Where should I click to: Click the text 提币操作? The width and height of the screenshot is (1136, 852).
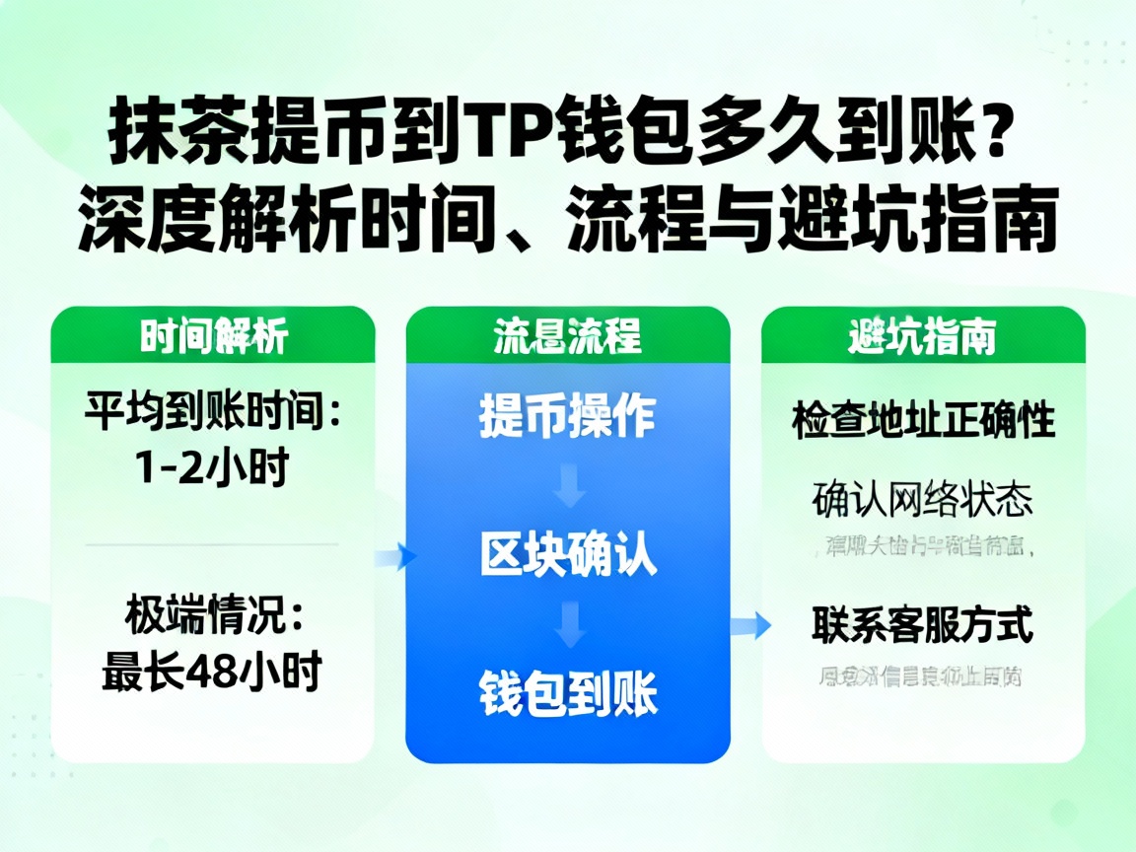(567, 416)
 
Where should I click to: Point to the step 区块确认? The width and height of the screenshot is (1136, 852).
(567, 554)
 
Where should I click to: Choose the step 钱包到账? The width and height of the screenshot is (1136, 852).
(567, 693)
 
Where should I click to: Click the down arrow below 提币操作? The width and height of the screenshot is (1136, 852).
(569, 486)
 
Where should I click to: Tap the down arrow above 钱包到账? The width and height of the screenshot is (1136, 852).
(569, 623)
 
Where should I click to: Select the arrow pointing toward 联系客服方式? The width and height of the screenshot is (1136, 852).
(754, 623)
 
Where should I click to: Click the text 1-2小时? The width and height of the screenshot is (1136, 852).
(212, 467)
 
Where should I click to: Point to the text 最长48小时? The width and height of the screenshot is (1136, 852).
(212, 674)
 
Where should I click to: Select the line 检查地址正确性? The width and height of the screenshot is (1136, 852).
(923, 421)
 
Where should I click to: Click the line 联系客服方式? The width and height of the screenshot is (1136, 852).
(923, 625)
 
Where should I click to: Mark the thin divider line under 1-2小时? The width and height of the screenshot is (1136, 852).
(212, 543)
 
